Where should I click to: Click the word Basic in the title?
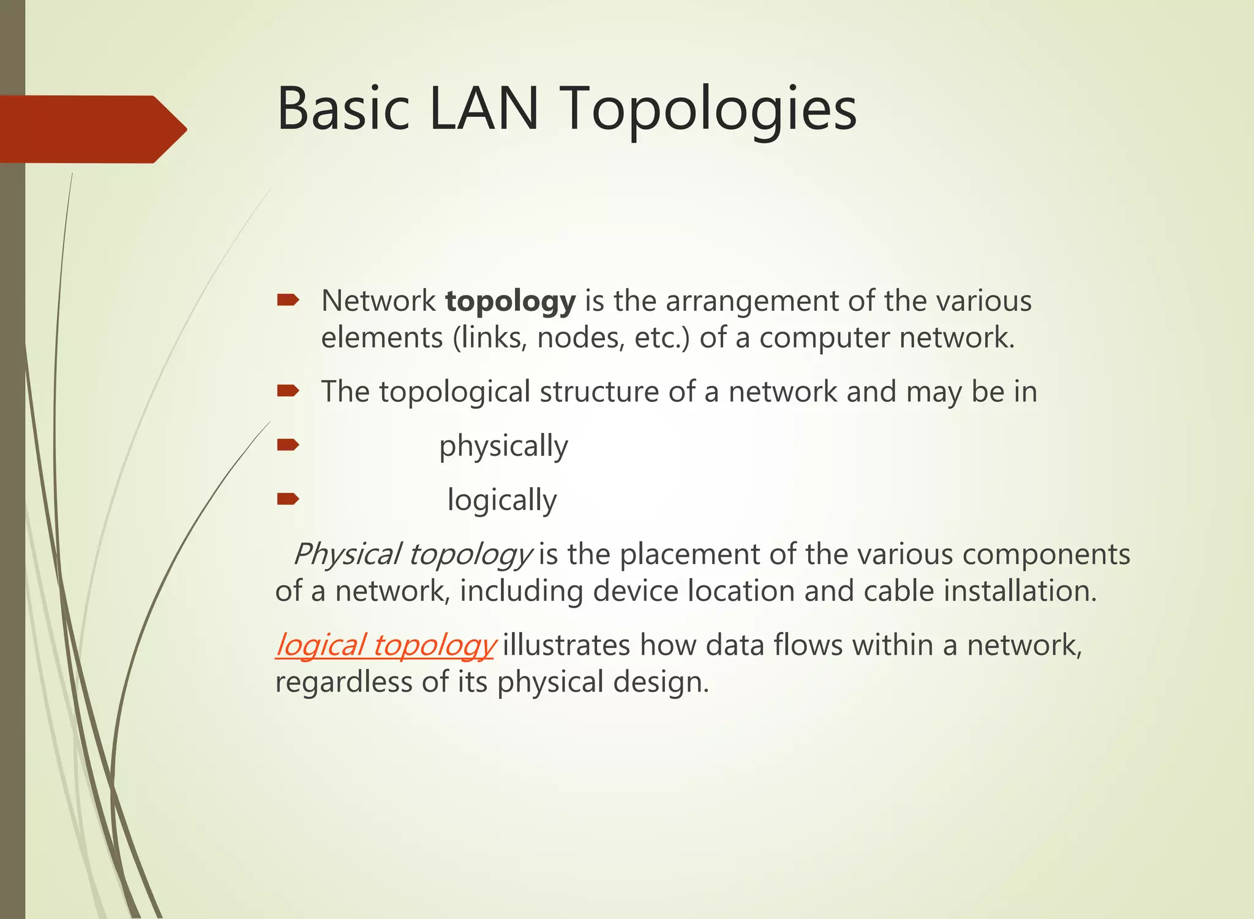(343, 109)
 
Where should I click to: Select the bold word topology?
(510, 302)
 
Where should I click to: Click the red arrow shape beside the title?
(92, 129)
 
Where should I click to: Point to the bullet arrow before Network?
(288, 300)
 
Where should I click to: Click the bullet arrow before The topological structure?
(288, 391)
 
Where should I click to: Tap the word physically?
(503, 447)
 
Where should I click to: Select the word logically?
(502, 500)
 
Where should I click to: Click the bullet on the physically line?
(288, 445)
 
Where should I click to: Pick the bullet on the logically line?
(288, 499)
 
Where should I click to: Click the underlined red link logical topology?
(385, 646)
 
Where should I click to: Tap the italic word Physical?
(347, 554)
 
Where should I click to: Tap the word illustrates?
(566, 645)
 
